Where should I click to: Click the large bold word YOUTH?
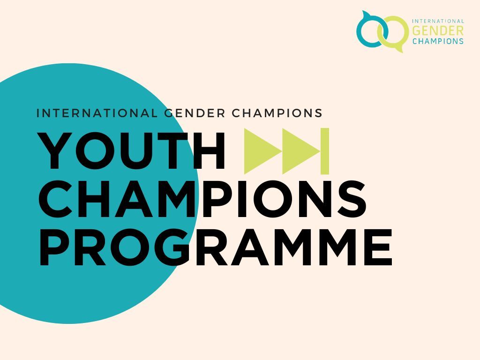[132, 151]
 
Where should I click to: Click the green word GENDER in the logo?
[437, 30]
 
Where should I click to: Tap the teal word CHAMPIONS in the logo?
[437, 41]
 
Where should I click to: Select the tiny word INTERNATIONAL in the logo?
[438, 21]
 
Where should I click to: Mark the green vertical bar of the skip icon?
[325, 151]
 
